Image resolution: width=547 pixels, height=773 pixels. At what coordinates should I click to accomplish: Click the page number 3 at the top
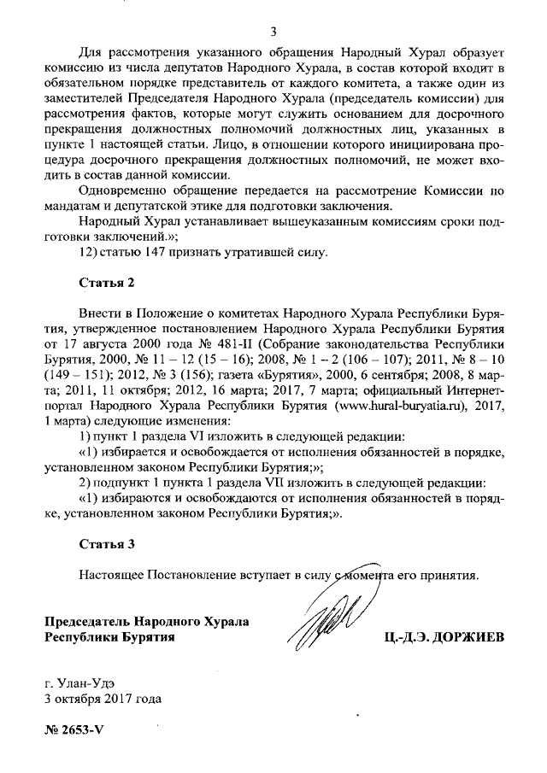click(x=273, y=32)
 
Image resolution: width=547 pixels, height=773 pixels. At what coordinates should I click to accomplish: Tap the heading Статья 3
click(x=107, y=544)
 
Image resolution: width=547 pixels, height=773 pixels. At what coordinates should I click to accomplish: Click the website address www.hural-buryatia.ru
click(x=409, y=398)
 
